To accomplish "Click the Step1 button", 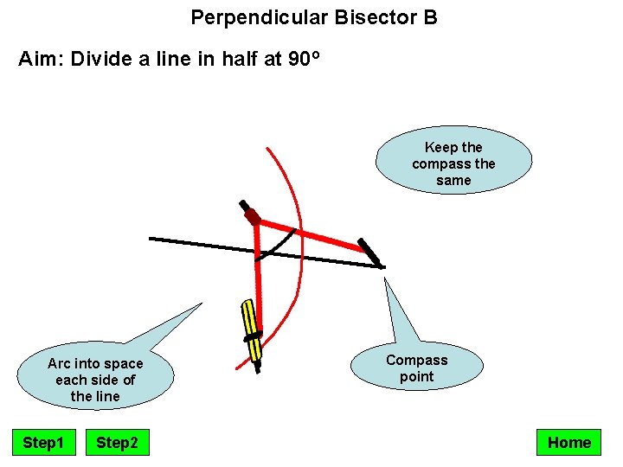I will [43, 443].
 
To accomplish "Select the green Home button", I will [568, 443].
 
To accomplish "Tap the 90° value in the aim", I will [304, 60].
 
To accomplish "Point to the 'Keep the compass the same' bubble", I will [453, 163].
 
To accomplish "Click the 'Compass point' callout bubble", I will [416, 368].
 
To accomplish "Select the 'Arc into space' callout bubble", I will [95, 380].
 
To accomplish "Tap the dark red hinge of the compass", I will [252, 216].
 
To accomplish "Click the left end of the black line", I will [151, 238].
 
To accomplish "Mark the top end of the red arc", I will [267, 149].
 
